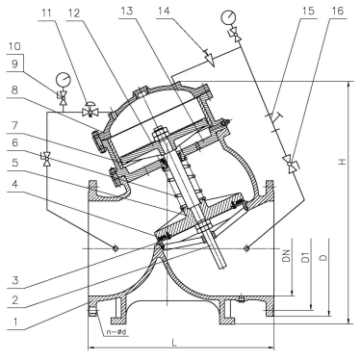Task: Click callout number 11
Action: click(46, 13)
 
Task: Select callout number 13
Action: click(126, 11)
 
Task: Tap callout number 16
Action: click(337, 11)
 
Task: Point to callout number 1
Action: click(14, 321)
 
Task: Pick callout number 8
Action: click(14, 90)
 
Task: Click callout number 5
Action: click(14, 163)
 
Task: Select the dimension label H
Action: click(344, 162)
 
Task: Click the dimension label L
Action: click(174, 343)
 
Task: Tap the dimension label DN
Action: click(287, 256)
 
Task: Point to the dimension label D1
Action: click(306, 257)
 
